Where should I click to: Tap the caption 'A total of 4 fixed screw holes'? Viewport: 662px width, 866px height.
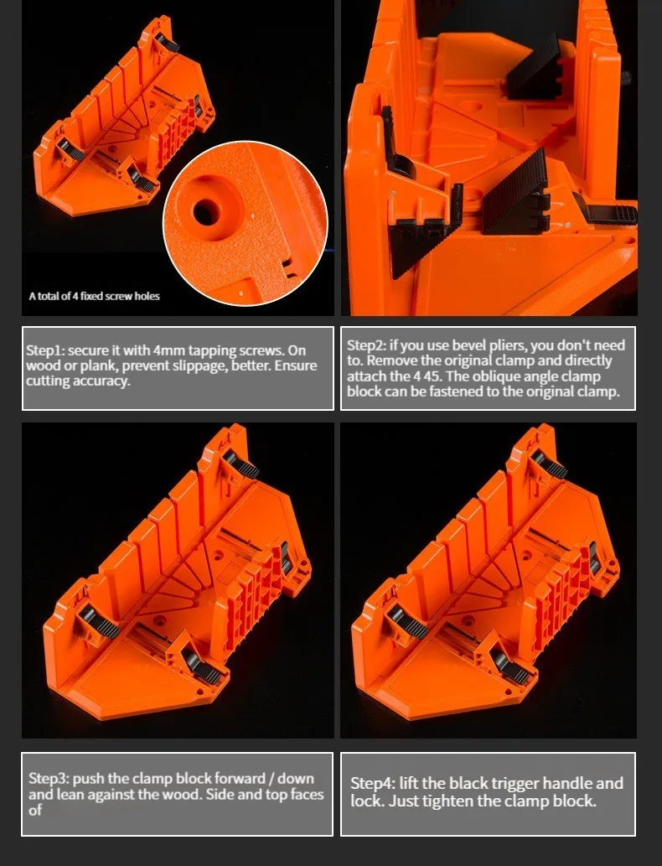pos(95,296)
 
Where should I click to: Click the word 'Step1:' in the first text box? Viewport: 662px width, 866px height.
pos(45,350)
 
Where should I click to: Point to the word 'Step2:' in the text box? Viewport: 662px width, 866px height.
pos(366,345)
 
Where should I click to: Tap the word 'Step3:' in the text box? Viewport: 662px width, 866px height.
pos(49,779)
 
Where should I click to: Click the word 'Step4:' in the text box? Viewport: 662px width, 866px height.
pos(373,783)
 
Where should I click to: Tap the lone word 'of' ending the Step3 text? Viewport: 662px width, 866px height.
pos(35,810)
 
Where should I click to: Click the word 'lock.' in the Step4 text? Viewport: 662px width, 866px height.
pos(367,801)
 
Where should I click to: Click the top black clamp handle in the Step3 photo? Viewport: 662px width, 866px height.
pos(242,465)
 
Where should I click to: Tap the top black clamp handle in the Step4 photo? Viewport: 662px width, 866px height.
pos(550,465)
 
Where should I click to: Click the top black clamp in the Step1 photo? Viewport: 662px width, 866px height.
pos(167,41)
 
